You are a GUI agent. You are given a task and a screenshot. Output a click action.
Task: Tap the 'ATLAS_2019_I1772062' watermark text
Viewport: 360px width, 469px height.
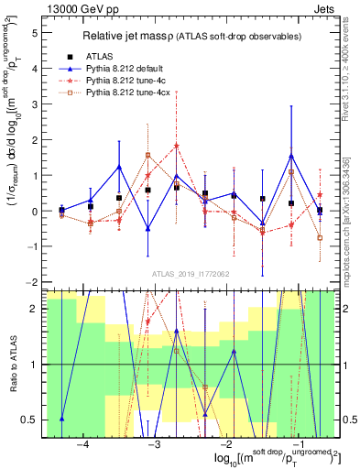point(189,273)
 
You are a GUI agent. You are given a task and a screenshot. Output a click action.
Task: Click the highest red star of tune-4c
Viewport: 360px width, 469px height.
point(176,146)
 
